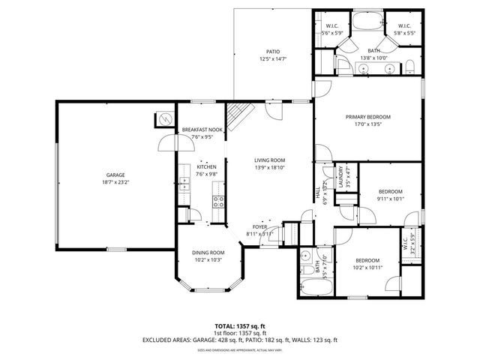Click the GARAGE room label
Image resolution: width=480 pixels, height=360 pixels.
tap(115, 174)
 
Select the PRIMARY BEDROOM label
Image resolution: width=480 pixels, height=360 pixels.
tap(368, 117)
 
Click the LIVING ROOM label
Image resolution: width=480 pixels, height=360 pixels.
tap(269, 160)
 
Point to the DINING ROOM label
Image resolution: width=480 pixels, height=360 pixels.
tap(208, 253)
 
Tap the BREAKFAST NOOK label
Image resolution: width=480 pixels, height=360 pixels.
tap(202, 130)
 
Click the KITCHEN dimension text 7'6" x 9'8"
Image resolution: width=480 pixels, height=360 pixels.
tap(206, 174)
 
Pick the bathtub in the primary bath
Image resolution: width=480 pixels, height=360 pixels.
tap(367, 20)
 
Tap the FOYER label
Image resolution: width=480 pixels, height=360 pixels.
tap(259, 226)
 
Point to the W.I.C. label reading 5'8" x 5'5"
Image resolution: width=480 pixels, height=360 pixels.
tap(405, 33)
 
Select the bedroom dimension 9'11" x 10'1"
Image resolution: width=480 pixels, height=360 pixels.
tap(390, 199)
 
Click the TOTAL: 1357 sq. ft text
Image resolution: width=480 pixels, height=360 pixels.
tap(240, 326)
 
